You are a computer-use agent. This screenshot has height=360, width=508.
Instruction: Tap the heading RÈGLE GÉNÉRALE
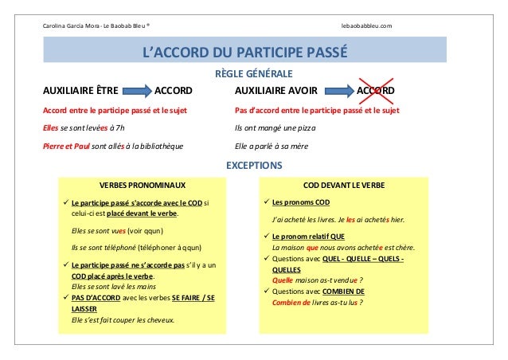[254, 75]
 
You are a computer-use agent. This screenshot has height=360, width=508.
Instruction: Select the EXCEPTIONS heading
[254, 166]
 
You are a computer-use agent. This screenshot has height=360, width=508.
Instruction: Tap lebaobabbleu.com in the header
[366, 26]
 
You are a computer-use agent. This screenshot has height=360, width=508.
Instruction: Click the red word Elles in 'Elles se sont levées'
[52, 127]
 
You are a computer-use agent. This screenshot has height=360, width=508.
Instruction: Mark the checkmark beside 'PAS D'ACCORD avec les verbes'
[65, 298]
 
